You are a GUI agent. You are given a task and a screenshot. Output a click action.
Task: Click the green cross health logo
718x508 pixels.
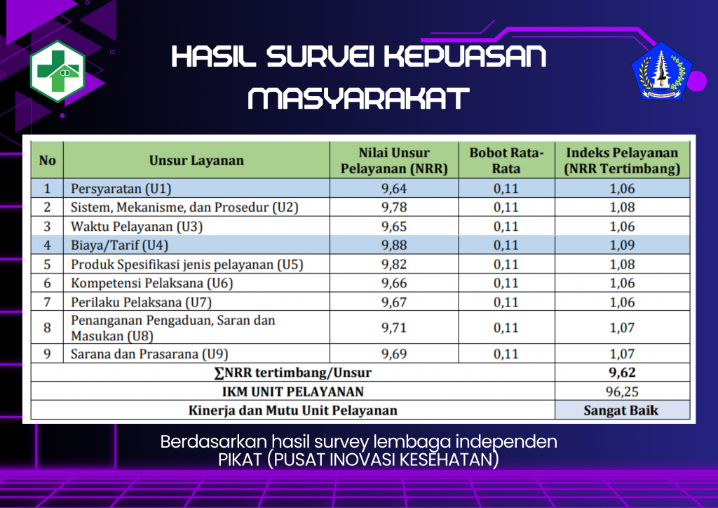coord(57,72)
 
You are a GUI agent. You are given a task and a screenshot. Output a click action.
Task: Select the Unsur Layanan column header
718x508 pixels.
coord(196,160)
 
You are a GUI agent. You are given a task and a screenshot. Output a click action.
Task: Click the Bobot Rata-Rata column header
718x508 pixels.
coord(506,161)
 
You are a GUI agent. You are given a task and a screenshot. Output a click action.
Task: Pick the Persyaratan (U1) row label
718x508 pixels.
coord(121,189)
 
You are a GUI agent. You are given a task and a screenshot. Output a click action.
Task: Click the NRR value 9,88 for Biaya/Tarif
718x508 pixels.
coord(394,246)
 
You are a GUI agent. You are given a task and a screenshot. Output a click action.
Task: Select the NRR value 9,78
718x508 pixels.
coord(394,208)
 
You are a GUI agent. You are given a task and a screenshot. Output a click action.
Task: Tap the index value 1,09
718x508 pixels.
coord(623,246)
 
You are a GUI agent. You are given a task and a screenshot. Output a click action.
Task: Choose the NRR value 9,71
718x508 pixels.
coord(394,328)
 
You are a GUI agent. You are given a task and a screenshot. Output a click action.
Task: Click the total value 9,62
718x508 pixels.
coord(623,373)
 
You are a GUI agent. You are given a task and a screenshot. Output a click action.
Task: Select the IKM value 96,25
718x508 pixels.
coord(623,392)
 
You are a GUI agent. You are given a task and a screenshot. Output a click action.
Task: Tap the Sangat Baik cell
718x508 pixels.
coord(621,410)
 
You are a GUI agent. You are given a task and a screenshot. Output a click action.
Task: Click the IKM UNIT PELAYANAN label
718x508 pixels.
coord(293,392)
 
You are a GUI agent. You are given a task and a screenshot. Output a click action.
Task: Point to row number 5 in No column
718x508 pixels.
coord(48,265)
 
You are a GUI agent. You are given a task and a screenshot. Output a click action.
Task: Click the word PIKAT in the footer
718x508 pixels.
coord(236,460)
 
